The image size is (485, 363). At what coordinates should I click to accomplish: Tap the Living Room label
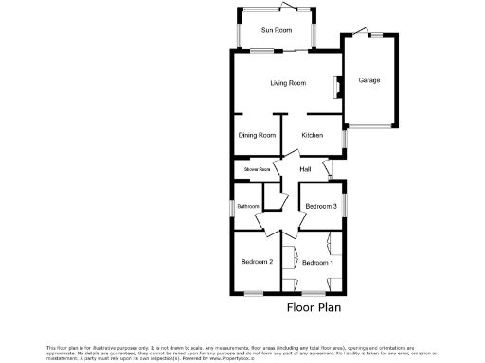(287, 83)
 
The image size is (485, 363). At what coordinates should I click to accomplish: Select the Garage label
(368, 80)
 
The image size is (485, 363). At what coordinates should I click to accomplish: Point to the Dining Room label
(257, 135)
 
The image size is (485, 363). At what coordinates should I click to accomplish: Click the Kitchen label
(313, 135)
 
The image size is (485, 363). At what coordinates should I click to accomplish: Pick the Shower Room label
(257, 169)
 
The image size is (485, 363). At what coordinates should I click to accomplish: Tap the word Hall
(305, 169)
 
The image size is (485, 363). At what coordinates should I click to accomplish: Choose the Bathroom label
(248, 206)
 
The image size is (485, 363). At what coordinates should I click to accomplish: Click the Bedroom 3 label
(320, 206)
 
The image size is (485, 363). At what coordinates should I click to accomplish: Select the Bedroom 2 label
(257, 262)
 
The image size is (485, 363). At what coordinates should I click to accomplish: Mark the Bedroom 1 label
(317, 262)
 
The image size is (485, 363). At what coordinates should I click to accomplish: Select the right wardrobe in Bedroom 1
(328, 243)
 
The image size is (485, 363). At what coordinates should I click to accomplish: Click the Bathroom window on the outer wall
(234, 205)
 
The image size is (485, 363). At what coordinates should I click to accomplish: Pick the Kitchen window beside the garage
(344, 137)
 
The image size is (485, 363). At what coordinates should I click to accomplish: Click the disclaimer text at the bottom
(242, 353)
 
